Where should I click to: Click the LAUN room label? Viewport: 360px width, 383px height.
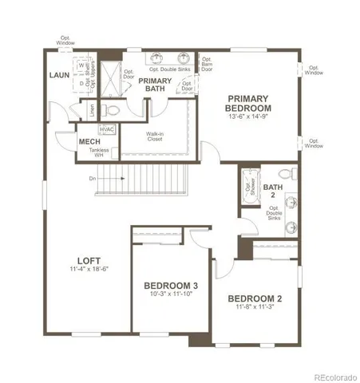click(x=58, y=75)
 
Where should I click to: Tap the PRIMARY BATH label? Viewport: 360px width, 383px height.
click(x=156, y=85)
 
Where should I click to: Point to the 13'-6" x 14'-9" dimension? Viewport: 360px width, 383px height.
click(x=247, y=116)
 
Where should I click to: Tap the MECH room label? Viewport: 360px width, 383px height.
click(x=88, y=142)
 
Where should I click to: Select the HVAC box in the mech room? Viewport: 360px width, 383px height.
click(x=107, y=128)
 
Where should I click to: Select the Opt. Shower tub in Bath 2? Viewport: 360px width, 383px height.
click(x=247, y=188)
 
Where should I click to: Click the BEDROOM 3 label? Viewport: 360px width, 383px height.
click(x=171, y=285)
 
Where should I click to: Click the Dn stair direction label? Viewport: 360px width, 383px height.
click(x=93, y=178)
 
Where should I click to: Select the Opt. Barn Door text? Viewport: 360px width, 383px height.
click(x=207, y=64)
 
